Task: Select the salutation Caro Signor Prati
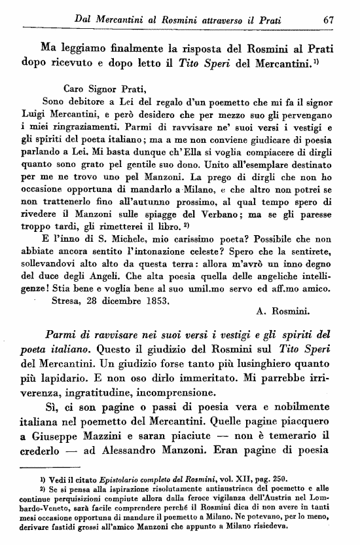coord(104,88)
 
